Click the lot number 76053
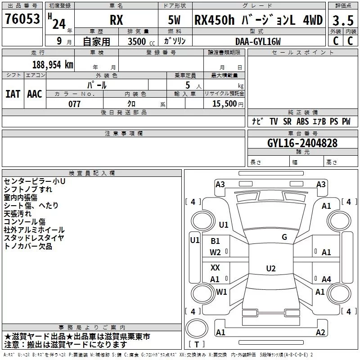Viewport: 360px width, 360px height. (22, 19)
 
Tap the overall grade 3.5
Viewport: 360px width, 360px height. (343, 21)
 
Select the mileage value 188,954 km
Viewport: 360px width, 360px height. (53, 64)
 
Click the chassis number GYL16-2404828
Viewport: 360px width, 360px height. (302, 143)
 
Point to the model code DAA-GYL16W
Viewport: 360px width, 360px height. (258, 41)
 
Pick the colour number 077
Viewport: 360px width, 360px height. (74, 104)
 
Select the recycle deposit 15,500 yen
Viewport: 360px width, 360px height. (228, 103)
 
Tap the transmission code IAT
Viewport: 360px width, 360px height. (13, 94)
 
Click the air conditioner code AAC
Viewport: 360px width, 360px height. (35, 94)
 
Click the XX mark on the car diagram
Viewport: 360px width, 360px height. (215, 267)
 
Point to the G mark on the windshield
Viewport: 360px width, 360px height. (284, 237)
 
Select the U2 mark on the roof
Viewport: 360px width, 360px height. (271, 268)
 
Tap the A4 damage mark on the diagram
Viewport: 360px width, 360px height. (326, 279)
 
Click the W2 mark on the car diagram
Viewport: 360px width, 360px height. (215, 252)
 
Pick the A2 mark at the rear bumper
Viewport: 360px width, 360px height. (320, 332)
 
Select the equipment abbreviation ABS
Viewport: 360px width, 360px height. (302, 121)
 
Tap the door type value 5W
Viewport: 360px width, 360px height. (174, 20)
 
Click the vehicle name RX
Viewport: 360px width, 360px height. (117, 20)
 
